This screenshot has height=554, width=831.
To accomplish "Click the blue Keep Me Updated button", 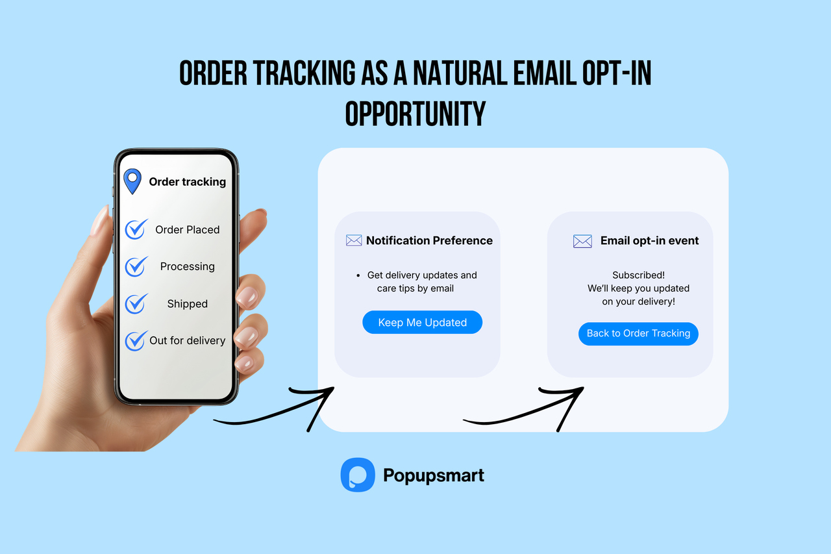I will click(422, 322).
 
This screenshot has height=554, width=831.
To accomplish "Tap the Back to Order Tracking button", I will click(638, 333).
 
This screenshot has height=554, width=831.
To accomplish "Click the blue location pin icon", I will click(132, 181).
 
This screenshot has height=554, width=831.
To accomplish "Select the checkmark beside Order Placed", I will click(136, 229).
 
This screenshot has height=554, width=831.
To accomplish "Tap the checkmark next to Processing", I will click(136, 266).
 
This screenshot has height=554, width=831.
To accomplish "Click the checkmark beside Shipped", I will click(136, 303).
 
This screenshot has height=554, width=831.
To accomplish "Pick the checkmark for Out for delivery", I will click(136, 340).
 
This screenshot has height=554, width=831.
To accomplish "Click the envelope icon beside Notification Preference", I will click(354, 240).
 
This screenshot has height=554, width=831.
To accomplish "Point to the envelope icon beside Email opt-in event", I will click(582, 241).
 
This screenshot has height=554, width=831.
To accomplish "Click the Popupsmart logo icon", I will click(358, 475).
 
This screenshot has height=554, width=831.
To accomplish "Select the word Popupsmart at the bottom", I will click(434, 475).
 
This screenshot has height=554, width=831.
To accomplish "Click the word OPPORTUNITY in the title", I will click(415, 114).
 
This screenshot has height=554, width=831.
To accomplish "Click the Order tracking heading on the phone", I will click(188, 182).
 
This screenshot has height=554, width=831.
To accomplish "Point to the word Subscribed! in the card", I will click(638, 275).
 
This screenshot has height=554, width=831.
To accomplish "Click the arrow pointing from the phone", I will click(279, 409).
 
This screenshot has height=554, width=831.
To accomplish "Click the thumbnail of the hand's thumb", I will click(100, 221).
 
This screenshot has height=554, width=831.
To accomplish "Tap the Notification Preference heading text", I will click(429, 240).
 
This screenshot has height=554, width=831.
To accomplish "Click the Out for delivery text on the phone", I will click(187, 340).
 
